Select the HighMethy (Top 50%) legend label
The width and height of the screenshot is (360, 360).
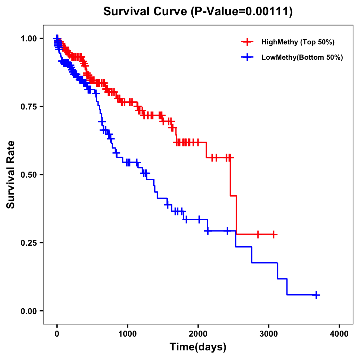(x=298, y=42)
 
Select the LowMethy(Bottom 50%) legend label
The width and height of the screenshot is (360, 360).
(x=302, y=58)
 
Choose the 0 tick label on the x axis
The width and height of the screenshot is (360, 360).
(x=57, y=334)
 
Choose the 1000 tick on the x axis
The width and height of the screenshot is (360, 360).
(x=127, y=334)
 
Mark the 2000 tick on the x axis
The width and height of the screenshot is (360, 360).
(x=198, y=334)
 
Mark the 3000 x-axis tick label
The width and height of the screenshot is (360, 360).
(x=269, y=334)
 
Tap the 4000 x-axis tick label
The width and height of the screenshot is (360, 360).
(x=339, y=334)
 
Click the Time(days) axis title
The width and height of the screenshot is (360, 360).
(x=198, y=347)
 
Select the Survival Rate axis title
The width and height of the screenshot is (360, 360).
(x=11, y=175)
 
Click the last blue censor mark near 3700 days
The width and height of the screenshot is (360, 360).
(x=316, y=295)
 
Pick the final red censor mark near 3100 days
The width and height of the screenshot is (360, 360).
(x=274, y=235)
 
